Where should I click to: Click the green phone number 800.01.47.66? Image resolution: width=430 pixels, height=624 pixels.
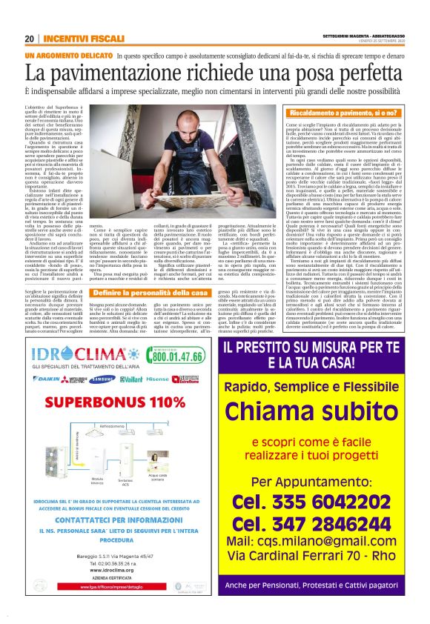tap(177, 356)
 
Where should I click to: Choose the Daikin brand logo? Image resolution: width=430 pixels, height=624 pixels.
tap(45, 379)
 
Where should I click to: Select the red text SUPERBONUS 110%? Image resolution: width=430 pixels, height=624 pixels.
tap(122, 401)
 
